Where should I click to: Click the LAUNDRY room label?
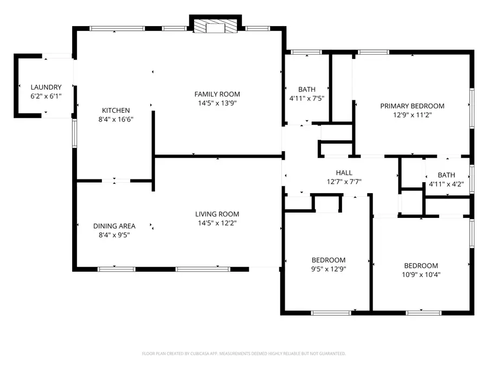click(x=46, y=87)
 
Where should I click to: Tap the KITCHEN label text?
click(x=115, y=110)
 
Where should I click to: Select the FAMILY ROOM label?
click(x=217, y=94)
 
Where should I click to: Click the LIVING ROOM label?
click(x=217, y=214)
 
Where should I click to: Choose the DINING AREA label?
click(x=114, y=226)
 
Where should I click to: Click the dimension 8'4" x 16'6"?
click(x=115, y=119)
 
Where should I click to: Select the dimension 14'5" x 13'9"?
click(x=217, y=102)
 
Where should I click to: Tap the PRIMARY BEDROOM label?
click(x=412, y=106)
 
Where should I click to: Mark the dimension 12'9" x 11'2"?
click(x=412, y=114)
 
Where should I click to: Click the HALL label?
click(x=344, y=173)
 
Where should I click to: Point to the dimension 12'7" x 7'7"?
click(x=344, y=182)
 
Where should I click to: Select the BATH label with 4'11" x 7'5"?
click(x=306, y=89)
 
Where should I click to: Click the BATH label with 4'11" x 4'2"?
click(x=446, y=175)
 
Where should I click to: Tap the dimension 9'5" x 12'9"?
click(x=328, y=268)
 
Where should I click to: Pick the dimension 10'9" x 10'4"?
click(x=421, y=274)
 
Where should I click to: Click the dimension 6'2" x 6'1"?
click(x=46, y=96)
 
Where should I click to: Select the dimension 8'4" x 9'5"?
click(x=114, y=235)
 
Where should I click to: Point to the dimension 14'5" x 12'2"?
click(x=217, y=223)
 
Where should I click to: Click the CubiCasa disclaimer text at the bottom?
click(x=243, y=354)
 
